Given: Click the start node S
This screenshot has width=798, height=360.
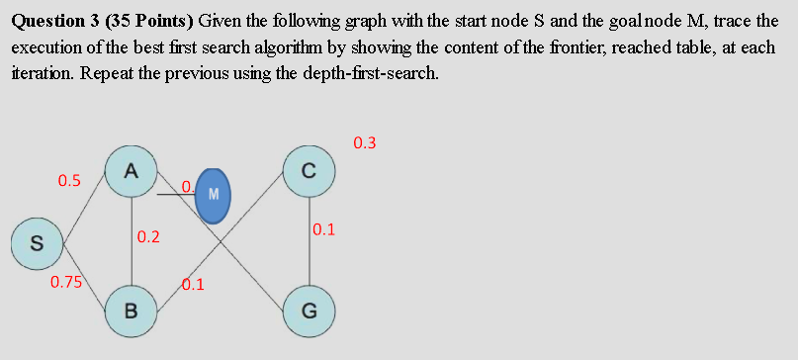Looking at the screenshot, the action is pyautogui.click(x=36, y=243).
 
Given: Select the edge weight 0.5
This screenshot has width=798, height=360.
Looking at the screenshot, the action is pyautogui.click(x=69, y=181).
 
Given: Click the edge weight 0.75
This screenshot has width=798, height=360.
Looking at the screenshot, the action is pyautogui.click(x=66, y=283).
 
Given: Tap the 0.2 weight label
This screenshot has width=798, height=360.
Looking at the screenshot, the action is pyautogui.click(x=149, y=237).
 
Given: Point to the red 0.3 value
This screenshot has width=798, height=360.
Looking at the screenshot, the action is pyautogui.click(x=364, y=142).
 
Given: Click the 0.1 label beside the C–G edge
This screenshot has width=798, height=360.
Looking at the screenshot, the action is pyautogui.click(x=324, y=230).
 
